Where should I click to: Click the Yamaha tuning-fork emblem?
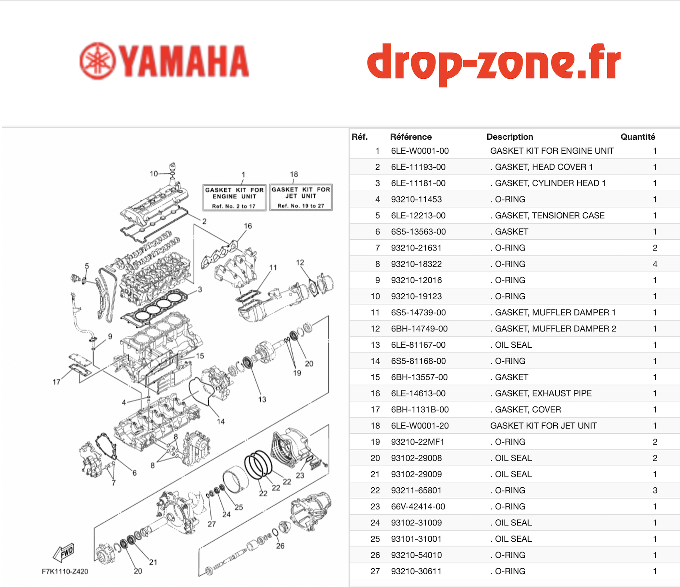click(x=98, y=61)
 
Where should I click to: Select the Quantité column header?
click(x=638, y=137)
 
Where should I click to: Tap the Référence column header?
click(x=411, y=137)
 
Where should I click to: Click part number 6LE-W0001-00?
click(x=420, y=151)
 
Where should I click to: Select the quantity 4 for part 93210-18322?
click(x=655, y=264)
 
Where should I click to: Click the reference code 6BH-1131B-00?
click(x=420, y=410)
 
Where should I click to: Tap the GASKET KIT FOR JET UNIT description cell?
click(x=543, y=426)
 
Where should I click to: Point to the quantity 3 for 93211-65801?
click(x=655, y=491)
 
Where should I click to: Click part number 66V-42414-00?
click(x=418, y=507)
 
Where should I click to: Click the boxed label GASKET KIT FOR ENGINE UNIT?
click(x=234, y=197)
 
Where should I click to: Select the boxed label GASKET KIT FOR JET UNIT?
click(x=301, y=197)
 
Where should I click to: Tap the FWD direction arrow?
click(x=64, y=553)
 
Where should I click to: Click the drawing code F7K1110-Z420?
click(x=65, y=571)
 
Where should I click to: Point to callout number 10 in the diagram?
click(x=154, y=174)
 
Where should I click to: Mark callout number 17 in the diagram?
click(x=56, y=382)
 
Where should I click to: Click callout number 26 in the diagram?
click(x=280, y=546)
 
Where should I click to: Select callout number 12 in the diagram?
click(x=300, y=262)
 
